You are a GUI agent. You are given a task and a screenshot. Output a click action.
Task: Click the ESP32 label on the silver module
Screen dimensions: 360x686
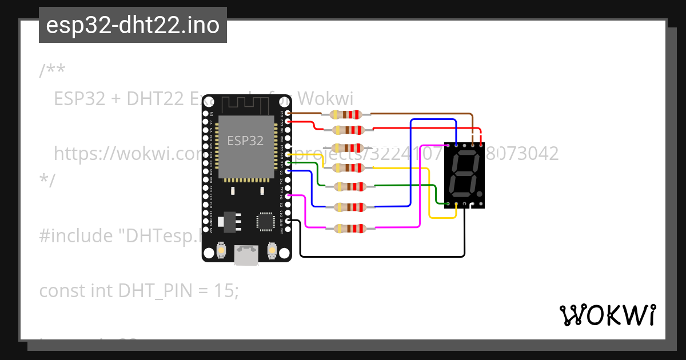[245, 141]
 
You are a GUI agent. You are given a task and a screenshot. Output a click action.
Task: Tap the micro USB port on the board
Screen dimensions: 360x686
[246, 255]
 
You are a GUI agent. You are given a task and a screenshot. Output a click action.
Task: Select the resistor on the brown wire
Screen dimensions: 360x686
[347, 114]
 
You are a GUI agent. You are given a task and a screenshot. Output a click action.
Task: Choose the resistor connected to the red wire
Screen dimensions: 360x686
[347, 130]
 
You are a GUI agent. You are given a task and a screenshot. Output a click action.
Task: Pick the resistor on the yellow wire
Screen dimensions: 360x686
[347, 167]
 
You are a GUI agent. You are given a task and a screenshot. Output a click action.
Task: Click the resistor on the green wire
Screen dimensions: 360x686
[347, 187]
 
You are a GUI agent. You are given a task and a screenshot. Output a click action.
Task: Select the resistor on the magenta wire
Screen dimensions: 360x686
[347, 229]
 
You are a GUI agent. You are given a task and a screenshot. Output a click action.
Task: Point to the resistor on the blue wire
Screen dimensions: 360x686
[347, 207]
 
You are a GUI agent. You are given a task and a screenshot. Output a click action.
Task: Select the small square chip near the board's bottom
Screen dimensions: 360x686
[266, 222]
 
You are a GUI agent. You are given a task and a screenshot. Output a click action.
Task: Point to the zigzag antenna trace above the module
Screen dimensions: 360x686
[245, 105]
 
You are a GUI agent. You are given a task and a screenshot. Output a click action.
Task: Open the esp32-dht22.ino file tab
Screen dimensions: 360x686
[133, 25]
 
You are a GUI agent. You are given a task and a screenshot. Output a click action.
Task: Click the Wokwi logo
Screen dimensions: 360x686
[607, 315]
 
